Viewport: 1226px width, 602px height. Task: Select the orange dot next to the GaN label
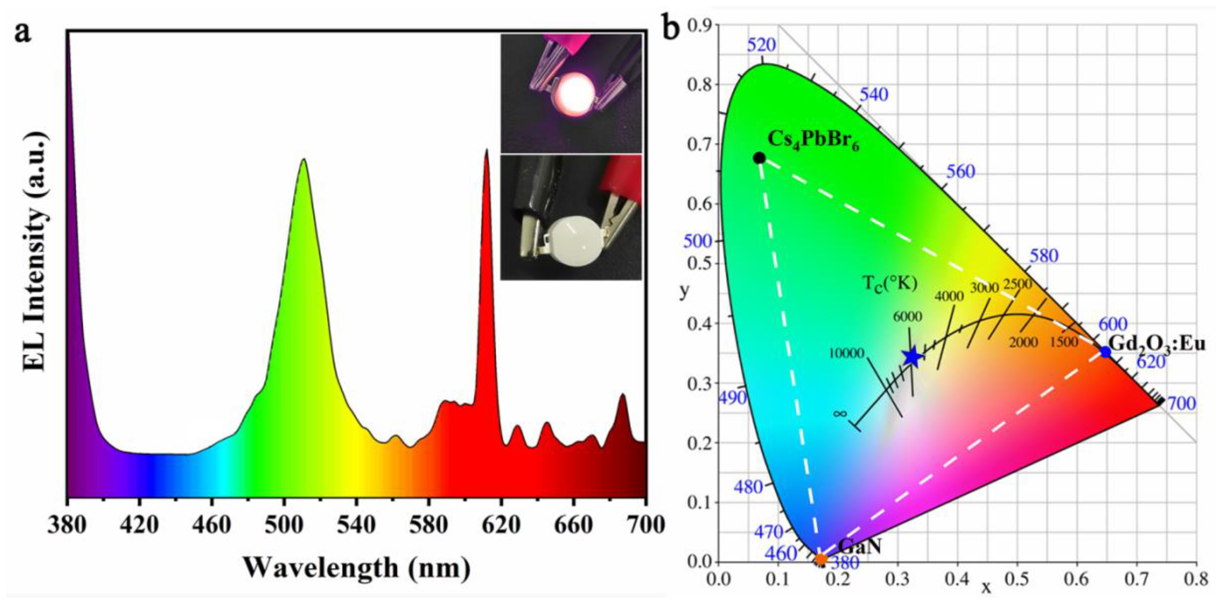click(x=821, y=560)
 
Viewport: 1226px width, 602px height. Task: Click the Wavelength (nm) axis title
click(x=357, y=568)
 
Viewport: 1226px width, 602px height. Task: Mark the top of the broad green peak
click(x=303, y=160)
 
